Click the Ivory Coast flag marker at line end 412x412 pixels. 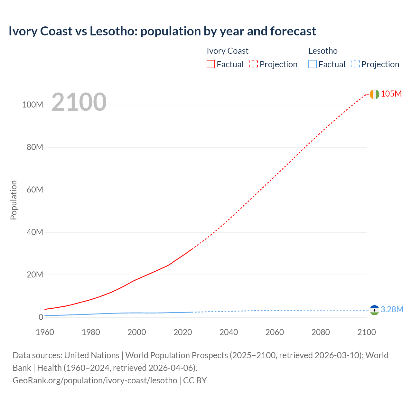click(x=374, y=94)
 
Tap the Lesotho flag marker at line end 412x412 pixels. click(x=374, y=310)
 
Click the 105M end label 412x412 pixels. click(x=391, y=94)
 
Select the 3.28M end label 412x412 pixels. click(x=392, y=309)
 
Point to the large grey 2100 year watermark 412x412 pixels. click(x=79, y=102)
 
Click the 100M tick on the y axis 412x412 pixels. click(x=33, y=105)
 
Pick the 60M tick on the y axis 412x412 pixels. click(x=35, y=190)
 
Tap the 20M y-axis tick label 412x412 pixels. click(x=35, y=275)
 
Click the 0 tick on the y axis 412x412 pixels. click(x=41, y=317)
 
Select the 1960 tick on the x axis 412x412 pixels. click(x=45, y=332)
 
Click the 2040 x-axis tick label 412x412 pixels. click(x=229, y=332)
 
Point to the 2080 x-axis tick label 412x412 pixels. click(x=321, y=332)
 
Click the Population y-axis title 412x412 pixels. click(x=14, y=200)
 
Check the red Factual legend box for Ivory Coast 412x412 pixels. click(x=211, y=64)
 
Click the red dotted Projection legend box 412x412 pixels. click(x=254, y=64)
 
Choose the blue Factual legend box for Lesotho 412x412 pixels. click(x=313, y=64)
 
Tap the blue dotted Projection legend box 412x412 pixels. click(x=356, y=64)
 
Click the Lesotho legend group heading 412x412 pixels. click(x=323, y=51)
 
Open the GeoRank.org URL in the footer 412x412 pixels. click(x=95, y=380)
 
